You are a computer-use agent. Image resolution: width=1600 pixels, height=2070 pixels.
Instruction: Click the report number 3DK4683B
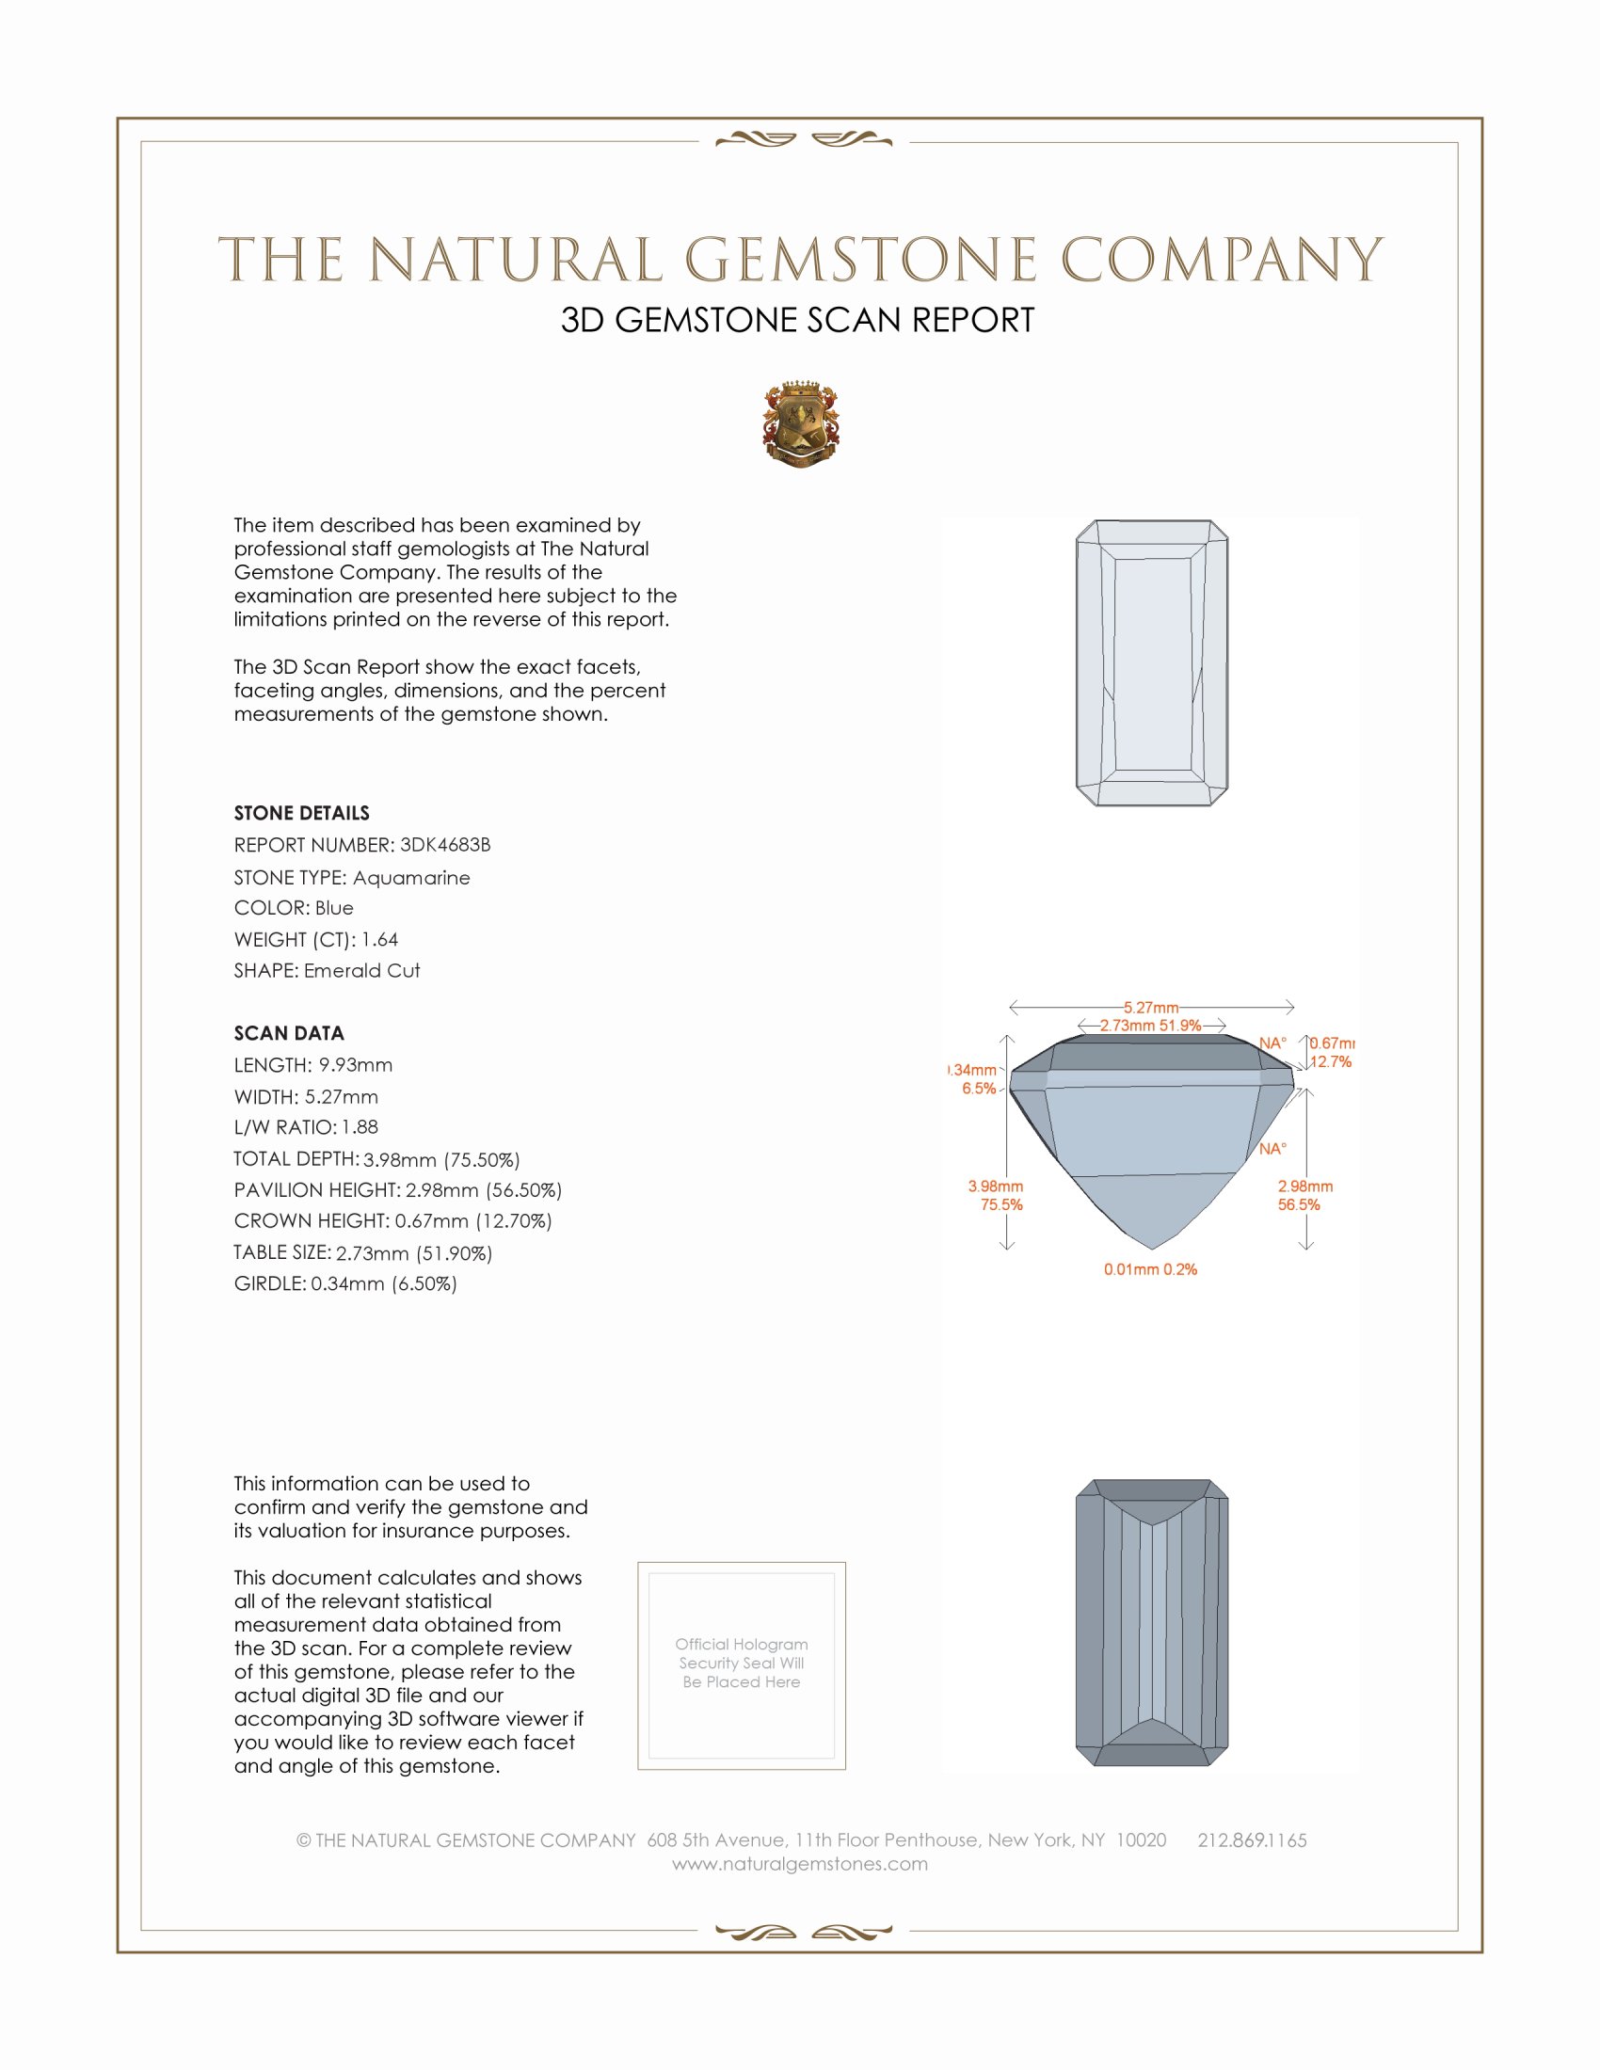point(444,845)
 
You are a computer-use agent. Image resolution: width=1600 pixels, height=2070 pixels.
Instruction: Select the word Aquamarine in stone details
point(410,878)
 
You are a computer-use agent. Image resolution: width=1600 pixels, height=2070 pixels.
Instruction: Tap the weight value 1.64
point(379,939)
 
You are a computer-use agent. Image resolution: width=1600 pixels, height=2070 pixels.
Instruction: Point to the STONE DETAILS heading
point(301,813)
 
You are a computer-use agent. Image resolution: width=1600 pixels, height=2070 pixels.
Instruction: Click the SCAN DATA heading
point(288,1033)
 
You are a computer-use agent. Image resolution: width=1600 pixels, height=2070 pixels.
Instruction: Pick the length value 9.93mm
point(355,1065)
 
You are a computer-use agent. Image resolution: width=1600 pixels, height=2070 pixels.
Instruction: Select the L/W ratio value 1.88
point(360,1127)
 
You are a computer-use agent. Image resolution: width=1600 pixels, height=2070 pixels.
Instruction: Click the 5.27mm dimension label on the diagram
point(1151,1008)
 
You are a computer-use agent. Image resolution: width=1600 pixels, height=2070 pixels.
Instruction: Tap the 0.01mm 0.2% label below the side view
point(1150,1269)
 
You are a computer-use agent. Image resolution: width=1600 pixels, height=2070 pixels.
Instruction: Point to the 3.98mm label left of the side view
point(995,1186)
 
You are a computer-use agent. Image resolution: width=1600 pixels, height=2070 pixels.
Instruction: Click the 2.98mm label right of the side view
point(1304,1186)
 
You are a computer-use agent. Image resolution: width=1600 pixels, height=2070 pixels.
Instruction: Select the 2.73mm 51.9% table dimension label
point(1150,1026)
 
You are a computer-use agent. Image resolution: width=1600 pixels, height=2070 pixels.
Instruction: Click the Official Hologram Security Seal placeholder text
point(742,1663)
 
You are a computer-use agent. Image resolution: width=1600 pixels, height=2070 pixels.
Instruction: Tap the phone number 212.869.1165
point(1251,1840)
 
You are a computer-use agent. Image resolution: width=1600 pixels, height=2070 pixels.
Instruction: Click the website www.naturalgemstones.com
point(800,1864)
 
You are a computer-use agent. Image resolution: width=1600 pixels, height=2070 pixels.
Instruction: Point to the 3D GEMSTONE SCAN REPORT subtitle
point(797,320)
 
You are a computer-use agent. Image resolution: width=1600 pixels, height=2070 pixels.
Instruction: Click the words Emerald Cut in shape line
point(361,971)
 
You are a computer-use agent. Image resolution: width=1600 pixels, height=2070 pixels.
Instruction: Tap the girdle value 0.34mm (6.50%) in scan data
point(383,1284)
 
